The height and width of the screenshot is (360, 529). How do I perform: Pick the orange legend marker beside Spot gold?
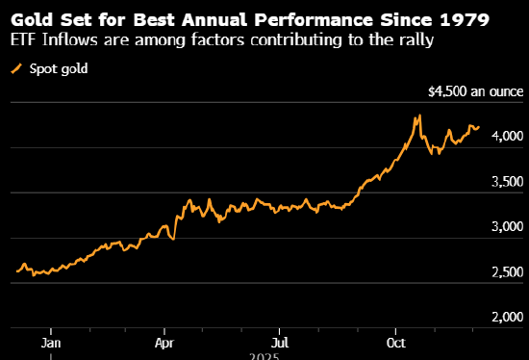tap(14, 68)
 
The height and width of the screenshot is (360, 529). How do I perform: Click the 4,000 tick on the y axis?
tap(508, 137)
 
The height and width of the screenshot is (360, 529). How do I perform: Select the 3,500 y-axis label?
tap(508, 182)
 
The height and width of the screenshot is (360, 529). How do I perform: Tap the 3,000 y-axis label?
tap(508, 227)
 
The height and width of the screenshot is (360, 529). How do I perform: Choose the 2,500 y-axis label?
tap(508, 272)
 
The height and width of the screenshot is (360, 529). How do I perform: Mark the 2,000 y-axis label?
tap(508, 318)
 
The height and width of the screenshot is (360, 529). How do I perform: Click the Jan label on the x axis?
tap(52, 341)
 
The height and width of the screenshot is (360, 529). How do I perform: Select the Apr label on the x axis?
tap(165, 341)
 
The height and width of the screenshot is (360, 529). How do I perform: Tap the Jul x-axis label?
tap(280, 341)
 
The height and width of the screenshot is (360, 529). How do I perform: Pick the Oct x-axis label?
tap(394, 341)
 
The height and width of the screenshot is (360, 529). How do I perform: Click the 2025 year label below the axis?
tap(262, 355)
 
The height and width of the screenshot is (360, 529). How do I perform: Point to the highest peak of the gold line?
tap(418, 116)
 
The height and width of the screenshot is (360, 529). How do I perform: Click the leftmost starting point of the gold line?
tap(16, 271)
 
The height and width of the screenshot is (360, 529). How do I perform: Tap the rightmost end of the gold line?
tap(479, 126)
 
